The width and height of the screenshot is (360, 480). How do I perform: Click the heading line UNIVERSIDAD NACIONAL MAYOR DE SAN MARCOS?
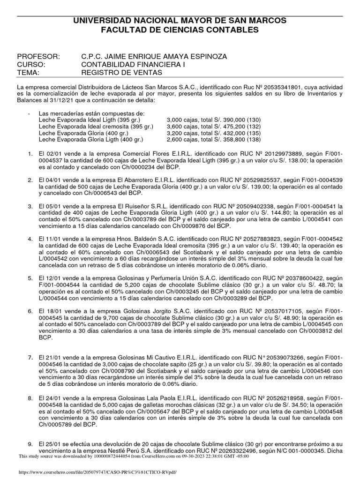[180, 21]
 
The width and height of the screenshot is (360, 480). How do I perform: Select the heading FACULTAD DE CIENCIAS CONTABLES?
[180, 30]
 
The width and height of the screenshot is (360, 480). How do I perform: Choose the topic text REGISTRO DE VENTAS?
[121, 73]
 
